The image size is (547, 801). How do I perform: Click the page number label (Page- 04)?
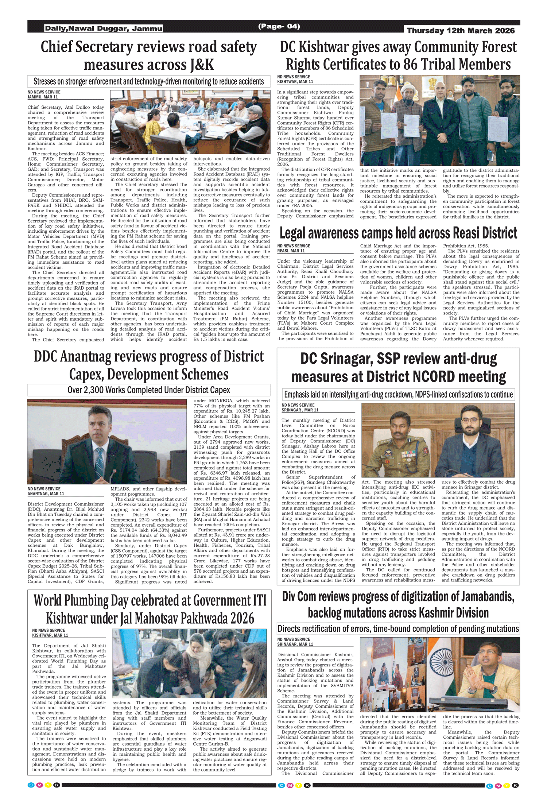pos(279,26)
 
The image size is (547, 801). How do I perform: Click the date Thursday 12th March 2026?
pos(460,31)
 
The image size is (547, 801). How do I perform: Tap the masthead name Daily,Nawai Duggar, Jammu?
pos(104,28)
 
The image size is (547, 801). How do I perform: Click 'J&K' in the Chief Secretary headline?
pos(202,65)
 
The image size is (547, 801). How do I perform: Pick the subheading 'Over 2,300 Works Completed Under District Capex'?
pos(149,390)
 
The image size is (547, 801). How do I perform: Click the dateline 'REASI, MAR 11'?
pos(291,251)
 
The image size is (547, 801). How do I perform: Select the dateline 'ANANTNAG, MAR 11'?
pos(46,494)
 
